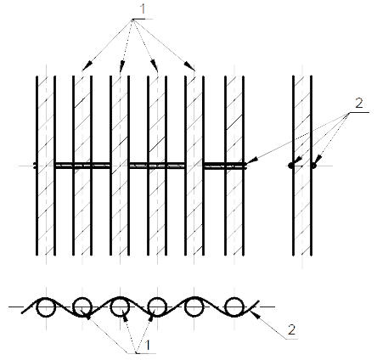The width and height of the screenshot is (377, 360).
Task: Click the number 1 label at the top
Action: [143, 8]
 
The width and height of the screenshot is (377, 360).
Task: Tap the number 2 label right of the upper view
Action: [359, 104]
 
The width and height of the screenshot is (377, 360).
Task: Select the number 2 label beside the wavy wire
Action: [291, 329]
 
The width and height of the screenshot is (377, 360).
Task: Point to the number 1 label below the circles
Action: [148, 345]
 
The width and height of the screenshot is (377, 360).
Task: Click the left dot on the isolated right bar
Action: [291, 166]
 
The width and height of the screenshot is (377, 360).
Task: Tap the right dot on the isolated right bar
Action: [313, 166]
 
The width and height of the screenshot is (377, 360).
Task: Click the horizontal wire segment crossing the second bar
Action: [82, 166]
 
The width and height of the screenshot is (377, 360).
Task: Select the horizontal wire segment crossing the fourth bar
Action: [157, 166]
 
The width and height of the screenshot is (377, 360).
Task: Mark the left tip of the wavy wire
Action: [22, 313]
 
